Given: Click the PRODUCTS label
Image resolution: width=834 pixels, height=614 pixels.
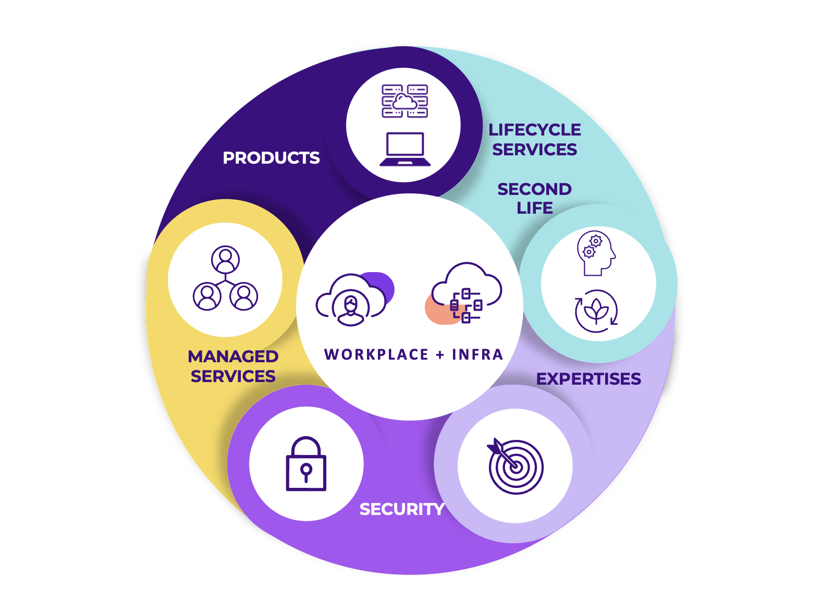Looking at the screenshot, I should [x=271, y=158].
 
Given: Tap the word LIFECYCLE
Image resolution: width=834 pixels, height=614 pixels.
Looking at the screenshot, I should [x=534, y=130].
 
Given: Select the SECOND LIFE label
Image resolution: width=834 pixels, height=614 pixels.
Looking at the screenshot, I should [x=534, y=199].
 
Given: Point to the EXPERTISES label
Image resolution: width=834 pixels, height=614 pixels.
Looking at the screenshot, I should [x=588, y=379].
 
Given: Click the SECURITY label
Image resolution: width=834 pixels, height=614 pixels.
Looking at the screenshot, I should [x=402, y=509].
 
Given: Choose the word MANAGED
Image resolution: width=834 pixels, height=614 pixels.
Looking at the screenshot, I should [x=233, y=357].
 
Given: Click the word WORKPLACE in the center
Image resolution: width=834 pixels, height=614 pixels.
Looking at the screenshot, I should [x=376, y=355].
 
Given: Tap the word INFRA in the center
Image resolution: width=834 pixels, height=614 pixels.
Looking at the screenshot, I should [x=477, y=355].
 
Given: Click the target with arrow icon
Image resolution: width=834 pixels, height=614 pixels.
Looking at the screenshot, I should [x=515, y=465].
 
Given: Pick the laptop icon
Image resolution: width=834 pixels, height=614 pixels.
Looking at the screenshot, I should [x=405, y=149].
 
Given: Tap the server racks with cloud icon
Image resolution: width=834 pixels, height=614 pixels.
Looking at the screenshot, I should [x=405, y=101].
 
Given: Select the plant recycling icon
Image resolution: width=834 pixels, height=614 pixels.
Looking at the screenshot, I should [x=596, y=311].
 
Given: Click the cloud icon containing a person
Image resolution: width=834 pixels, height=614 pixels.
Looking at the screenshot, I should [x=351, y=300].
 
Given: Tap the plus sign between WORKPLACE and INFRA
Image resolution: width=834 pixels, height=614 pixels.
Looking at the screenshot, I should [x=440, y=355].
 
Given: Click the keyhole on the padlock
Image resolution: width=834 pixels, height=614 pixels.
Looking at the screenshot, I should [x=306, y=472].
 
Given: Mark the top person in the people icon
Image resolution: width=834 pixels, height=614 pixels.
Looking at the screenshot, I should [x=225, y=259].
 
